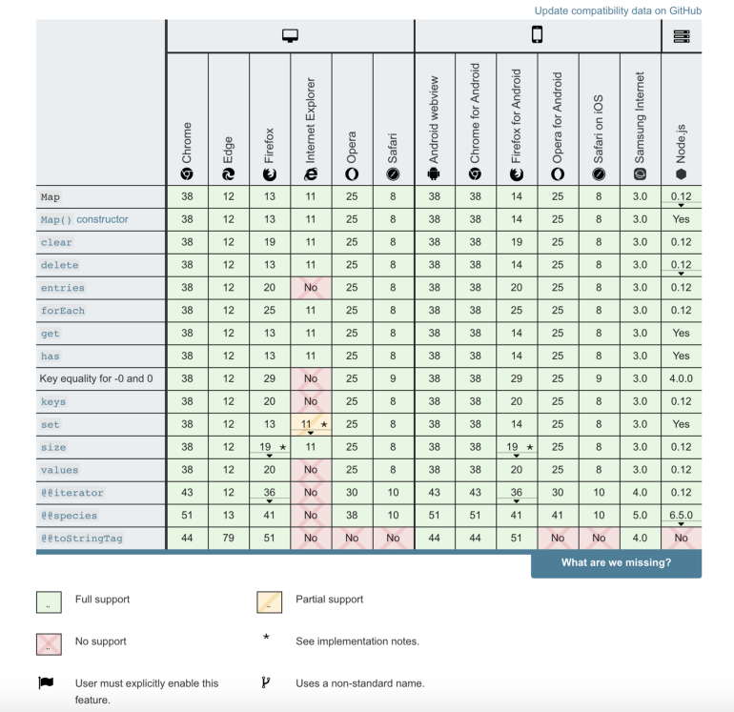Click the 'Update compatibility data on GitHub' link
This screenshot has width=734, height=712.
618,10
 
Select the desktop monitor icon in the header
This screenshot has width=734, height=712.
291,36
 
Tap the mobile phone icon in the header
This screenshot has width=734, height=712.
538,36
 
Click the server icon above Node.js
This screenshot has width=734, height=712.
681,36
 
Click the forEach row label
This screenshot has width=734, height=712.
62,311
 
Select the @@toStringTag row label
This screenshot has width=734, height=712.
81,539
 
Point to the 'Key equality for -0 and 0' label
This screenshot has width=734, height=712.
96,378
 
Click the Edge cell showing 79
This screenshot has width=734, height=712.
229,539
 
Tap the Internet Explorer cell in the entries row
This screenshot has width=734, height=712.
311,288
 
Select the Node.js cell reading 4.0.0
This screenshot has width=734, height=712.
681,378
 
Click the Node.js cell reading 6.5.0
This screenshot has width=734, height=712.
681,516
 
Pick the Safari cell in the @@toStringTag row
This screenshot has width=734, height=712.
393,539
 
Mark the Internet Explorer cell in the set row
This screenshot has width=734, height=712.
311,424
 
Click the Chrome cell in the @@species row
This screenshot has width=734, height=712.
187,516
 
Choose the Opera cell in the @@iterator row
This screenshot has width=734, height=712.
352,493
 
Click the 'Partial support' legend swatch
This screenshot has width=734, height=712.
271,601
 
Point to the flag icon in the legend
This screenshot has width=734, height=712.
47,682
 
